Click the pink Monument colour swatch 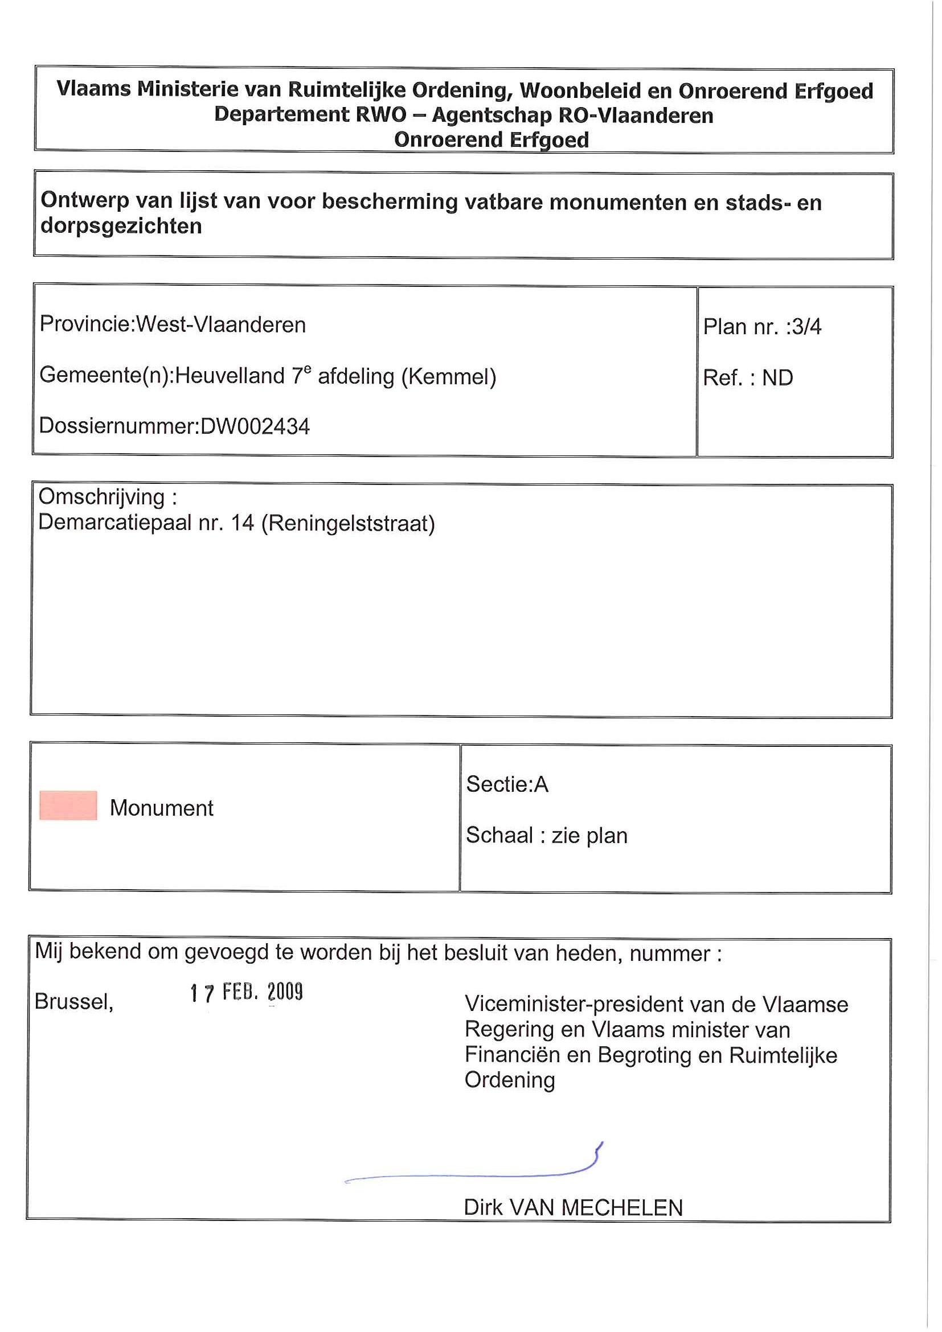(x=68, y=805)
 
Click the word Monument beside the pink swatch (x=161, y=808)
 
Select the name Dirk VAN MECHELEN (x=573, y=1208)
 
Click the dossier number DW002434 (x=255, y=426)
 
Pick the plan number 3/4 (x=806, y=327)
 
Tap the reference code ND (x=777, y=378)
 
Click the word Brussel (x=73, y=1002)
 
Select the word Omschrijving (x=101, y=497)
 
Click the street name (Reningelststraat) (x=348, y=523)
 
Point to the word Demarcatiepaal (x=114, y=523)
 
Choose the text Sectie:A (x=507, y=784)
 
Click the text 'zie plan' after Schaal (x=589, y=836)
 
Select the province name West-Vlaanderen (x=220, y=324)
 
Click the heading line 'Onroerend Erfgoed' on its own (x=491, y=140)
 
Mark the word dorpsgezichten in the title (x=121, y=226)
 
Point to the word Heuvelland (x=230, y=376)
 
